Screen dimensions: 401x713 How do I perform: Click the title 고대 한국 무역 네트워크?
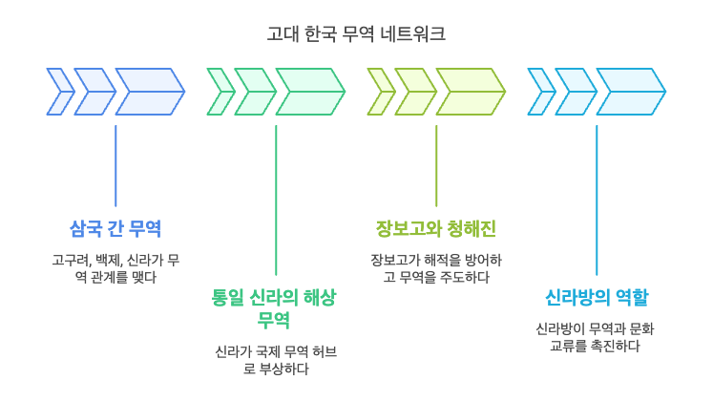(x=356, y=34)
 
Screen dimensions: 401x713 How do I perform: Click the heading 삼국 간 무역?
(x=115, y=229)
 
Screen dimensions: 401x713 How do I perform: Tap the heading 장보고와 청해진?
(x=435, y=229)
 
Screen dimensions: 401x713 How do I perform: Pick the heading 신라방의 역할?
(x=597, y=298)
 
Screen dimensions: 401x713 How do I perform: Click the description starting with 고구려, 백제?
(x=115, y=268)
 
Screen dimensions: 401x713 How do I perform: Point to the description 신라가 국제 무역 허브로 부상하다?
(x=275, y=360)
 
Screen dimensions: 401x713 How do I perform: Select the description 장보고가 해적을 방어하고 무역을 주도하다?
(x=435, y=268)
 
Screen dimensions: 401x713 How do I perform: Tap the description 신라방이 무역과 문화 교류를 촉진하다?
(x=597, y=337)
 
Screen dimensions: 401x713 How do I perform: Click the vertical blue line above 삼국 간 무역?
(x=115, y=164)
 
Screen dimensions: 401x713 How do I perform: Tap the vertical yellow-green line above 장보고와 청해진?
(x=436, y=164)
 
